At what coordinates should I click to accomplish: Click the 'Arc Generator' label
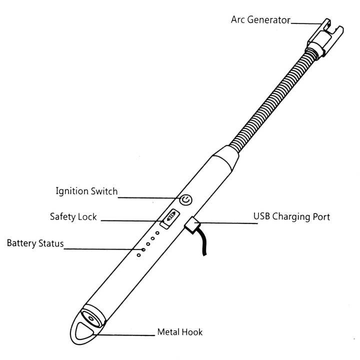coord(260,20)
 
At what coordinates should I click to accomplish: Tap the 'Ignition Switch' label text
coord(86,191)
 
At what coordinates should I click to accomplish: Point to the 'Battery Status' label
coord(35,243)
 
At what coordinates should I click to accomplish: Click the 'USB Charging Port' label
coord(291,217)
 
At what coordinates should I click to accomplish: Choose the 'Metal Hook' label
coord(179,331)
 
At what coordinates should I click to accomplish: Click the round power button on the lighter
coord(185,200)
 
